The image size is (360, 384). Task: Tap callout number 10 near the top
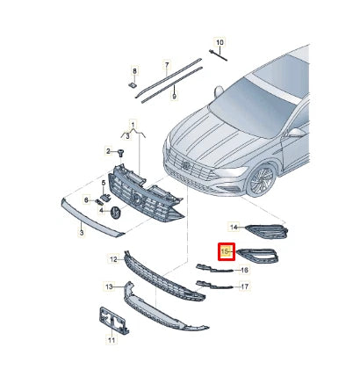point(220,41)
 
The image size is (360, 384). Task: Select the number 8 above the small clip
point(134,70)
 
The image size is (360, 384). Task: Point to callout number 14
point(234,227)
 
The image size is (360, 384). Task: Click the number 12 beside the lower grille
point(113,259)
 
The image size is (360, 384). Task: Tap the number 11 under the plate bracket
point(111,339)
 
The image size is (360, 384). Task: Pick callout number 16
point(245,271)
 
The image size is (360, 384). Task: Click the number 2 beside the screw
point(108,151)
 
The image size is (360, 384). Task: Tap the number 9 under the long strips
point(175,96)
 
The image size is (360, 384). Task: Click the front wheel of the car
point(259,180)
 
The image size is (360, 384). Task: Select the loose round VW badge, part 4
point(114,212)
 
